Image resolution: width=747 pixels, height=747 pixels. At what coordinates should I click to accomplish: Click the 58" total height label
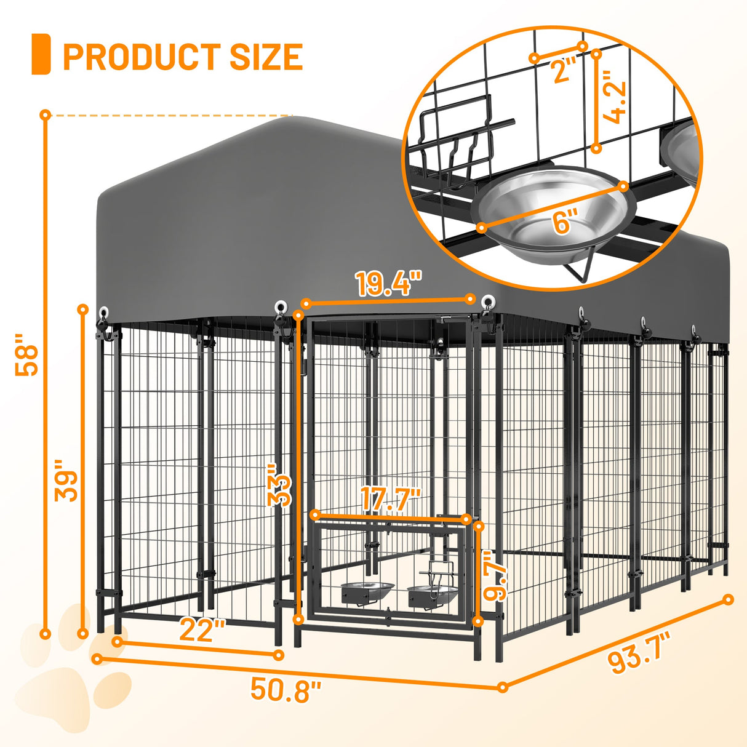[28, 355]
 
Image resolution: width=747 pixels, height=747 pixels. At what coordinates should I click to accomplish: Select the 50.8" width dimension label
[286, 690]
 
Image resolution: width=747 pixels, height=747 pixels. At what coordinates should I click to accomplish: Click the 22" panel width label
[202, 630]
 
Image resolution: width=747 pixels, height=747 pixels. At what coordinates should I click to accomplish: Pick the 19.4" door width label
[388, 284]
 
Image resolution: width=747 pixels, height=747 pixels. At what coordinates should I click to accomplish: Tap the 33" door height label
[279, 485]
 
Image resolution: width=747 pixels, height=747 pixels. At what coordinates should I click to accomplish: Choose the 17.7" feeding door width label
[391, 499]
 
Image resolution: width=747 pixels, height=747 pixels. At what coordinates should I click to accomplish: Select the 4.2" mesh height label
[615, 97]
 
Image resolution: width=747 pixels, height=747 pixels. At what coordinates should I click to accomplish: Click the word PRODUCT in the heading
[142, 57]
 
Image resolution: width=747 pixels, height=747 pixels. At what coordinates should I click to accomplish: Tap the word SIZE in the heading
[266, 57]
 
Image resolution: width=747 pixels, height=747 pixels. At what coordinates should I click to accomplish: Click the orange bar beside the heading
[41, 54]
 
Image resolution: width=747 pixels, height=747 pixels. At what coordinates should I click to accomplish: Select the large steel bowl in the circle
[554, 212]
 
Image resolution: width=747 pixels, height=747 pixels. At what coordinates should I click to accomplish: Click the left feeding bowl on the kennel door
[367, 591]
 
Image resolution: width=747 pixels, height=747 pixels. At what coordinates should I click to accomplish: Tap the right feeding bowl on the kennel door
[432, 594]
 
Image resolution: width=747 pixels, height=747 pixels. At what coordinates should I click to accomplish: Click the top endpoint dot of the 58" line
[45, 114]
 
